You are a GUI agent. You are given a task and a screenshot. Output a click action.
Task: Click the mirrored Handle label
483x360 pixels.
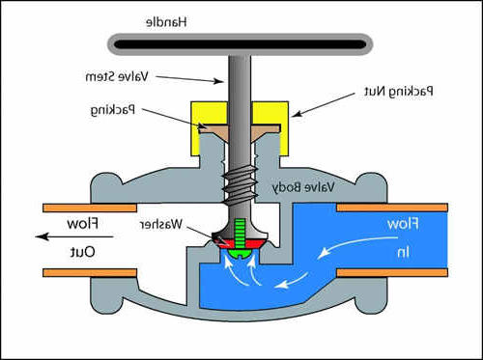point(166,22)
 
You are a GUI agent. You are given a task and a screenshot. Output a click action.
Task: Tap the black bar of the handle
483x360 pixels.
point(241,44)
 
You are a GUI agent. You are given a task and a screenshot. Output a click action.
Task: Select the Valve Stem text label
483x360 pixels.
point(117,77)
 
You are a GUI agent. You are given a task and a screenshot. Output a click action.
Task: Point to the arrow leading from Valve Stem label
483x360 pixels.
point(189,79)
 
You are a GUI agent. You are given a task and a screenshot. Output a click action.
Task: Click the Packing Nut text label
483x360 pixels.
point(399,92)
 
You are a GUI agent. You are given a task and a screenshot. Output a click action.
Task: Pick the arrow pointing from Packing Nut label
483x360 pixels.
point(325,104)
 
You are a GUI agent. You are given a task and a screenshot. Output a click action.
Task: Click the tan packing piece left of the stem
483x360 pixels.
point(213,130)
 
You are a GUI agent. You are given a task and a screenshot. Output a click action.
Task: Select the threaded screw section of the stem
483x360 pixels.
point(240,186)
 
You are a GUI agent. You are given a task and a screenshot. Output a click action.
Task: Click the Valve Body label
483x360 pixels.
point(303,187)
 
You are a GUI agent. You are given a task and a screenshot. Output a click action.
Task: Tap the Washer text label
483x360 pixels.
point(160,224)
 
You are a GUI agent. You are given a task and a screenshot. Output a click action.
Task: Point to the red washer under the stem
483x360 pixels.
point(240,244)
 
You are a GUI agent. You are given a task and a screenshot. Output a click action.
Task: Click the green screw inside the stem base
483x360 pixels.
point(240,237)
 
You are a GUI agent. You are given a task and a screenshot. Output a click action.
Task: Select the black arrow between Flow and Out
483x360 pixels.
point(74,236)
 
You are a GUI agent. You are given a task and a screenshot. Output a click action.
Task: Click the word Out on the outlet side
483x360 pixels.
point(82,252)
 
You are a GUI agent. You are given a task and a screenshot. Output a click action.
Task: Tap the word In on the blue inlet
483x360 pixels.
point(404,252)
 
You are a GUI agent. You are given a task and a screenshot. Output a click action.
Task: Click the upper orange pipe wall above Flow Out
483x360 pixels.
point(90,208)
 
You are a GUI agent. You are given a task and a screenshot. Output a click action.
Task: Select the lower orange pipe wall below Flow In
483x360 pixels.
point(392,273)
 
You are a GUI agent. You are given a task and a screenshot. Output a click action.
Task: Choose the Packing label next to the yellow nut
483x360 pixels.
point(113,110)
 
